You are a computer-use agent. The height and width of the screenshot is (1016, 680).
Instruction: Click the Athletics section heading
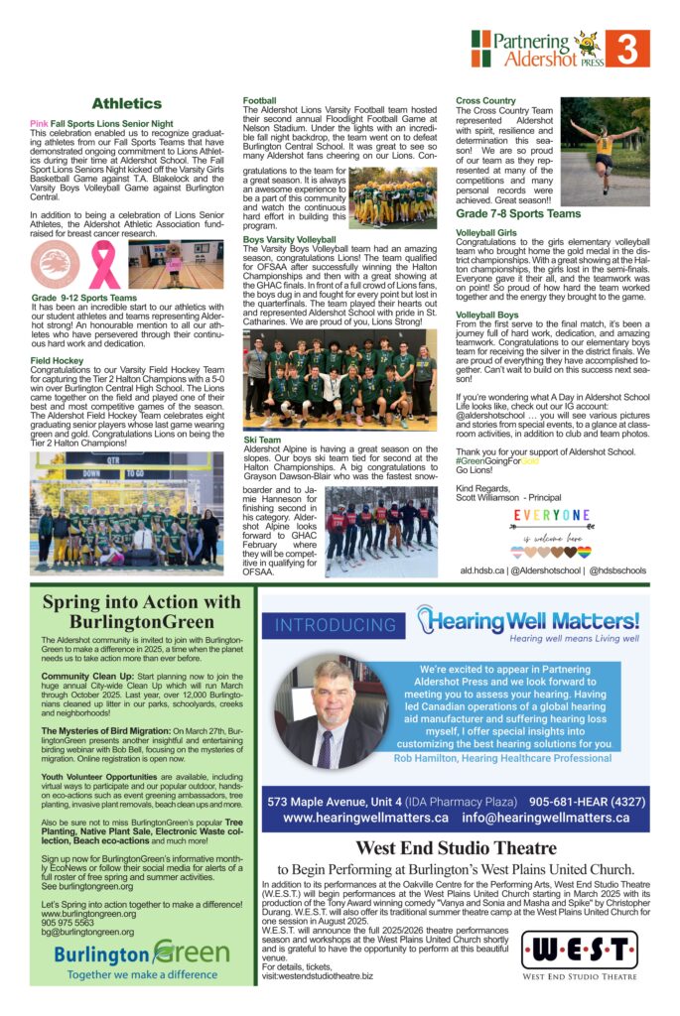pos(126,103)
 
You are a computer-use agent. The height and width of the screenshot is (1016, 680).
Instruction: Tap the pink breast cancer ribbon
pos(104,265)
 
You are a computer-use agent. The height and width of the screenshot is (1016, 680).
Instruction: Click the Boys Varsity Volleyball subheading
pos(290,240)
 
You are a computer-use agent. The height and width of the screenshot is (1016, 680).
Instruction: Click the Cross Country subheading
pos(485,100)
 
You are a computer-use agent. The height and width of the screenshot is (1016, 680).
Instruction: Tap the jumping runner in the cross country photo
pos(604,147)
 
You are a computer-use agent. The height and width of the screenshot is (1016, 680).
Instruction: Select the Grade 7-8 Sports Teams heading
pos(518,213)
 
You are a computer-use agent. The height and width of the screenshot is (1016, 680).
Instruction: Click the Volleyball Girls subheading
pos(486,232)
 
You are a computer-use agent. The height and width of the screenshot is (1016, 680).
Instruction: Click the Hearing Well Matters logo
pos(529,622)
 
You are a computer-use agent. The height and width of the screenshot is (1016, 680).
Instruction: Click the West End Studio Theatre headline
pos(456,847)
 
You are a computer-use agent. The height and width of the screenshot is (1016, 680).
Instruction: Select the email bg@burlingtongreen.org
pos(88,933)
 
